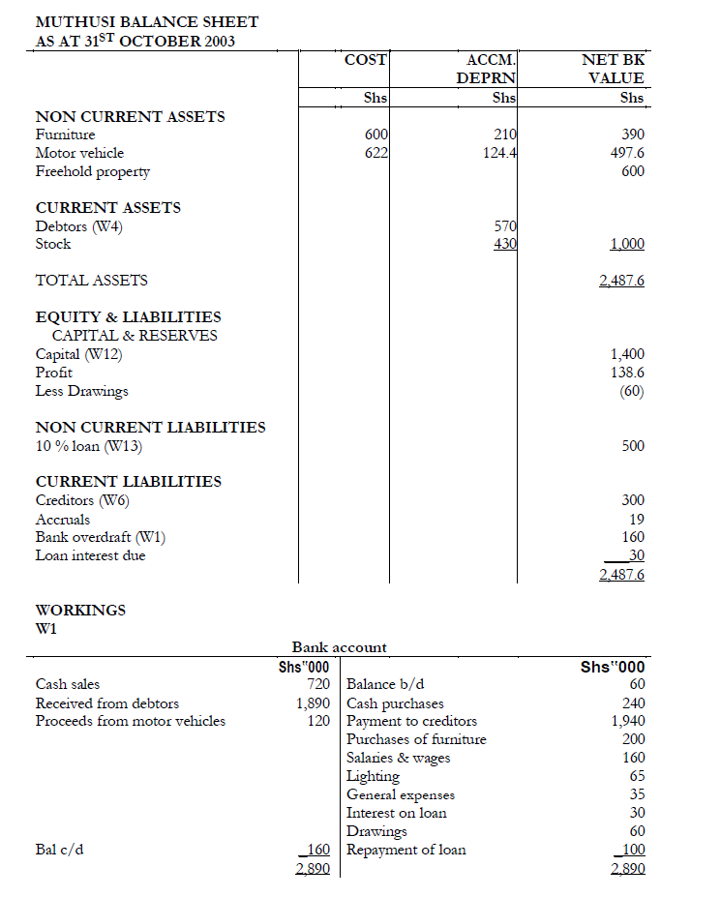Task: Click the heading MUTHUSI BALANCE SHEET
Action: pyautogui.click(x=147, y=21)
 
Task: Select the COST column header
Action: pyautogui.click(x=365, y=60)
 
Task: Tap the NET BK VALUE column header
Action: pyautogui.click(x=613, y=69)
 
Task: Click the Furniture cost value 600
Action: pyautogui.click(x=376, y=135)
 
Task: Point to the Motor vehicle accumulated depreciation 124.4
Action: pyautogui.click(x=497, y=153)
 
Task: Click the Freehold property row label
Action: pyautogui.click(x=93, y=171)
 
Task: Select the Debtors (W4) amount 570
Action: pyautogui.click(x=506, y=226)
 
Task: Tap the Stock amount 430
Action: pyautogui.click(x=506, y=244)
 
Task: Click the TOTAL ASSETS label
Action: pyautogui.click(x=92, y=281)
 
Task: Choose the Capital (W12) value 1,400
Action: pyautogui.click(x=626, y=354)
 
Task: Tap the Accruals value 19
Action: pyautogui.click(x=636, y=520)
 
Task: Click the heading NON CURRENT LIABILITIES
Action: pyautogui.click(x=150, y=428)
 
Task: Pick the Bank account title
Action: pyautogui.click(x=339, y=647)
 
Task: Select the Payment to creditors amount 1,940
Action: pyautogui.click(x=627, y=721)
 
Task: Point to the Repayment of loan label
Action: pyautogui.click(x=406, y=850)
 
